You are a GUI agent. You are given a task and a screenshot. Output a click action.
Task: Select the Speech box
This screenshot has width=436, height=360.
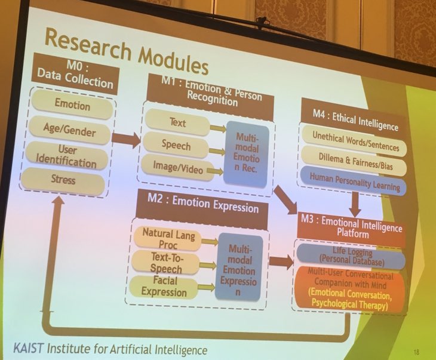coord(176,144)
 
